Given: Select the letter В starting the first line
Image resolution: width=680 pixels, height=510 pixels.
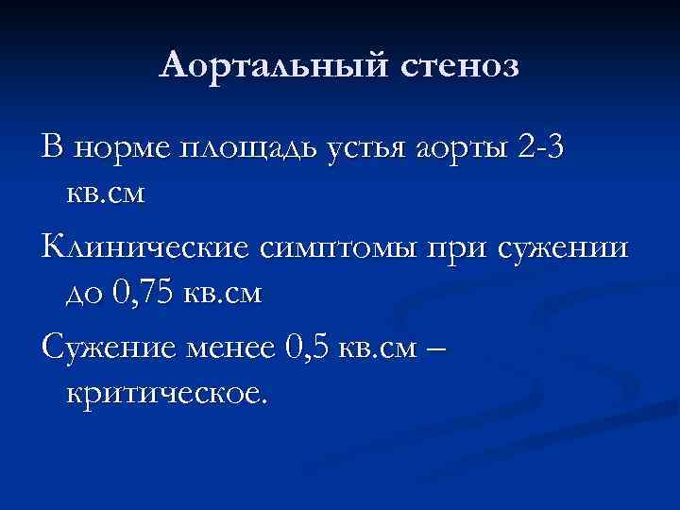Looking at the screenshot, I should pos(54,148).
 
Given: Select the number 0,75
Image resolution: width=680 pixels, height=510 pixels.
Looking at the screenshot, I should pos(144,294).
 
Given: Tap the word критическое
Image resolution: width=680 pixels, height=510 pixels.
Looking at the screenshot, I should pos(167,392).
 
